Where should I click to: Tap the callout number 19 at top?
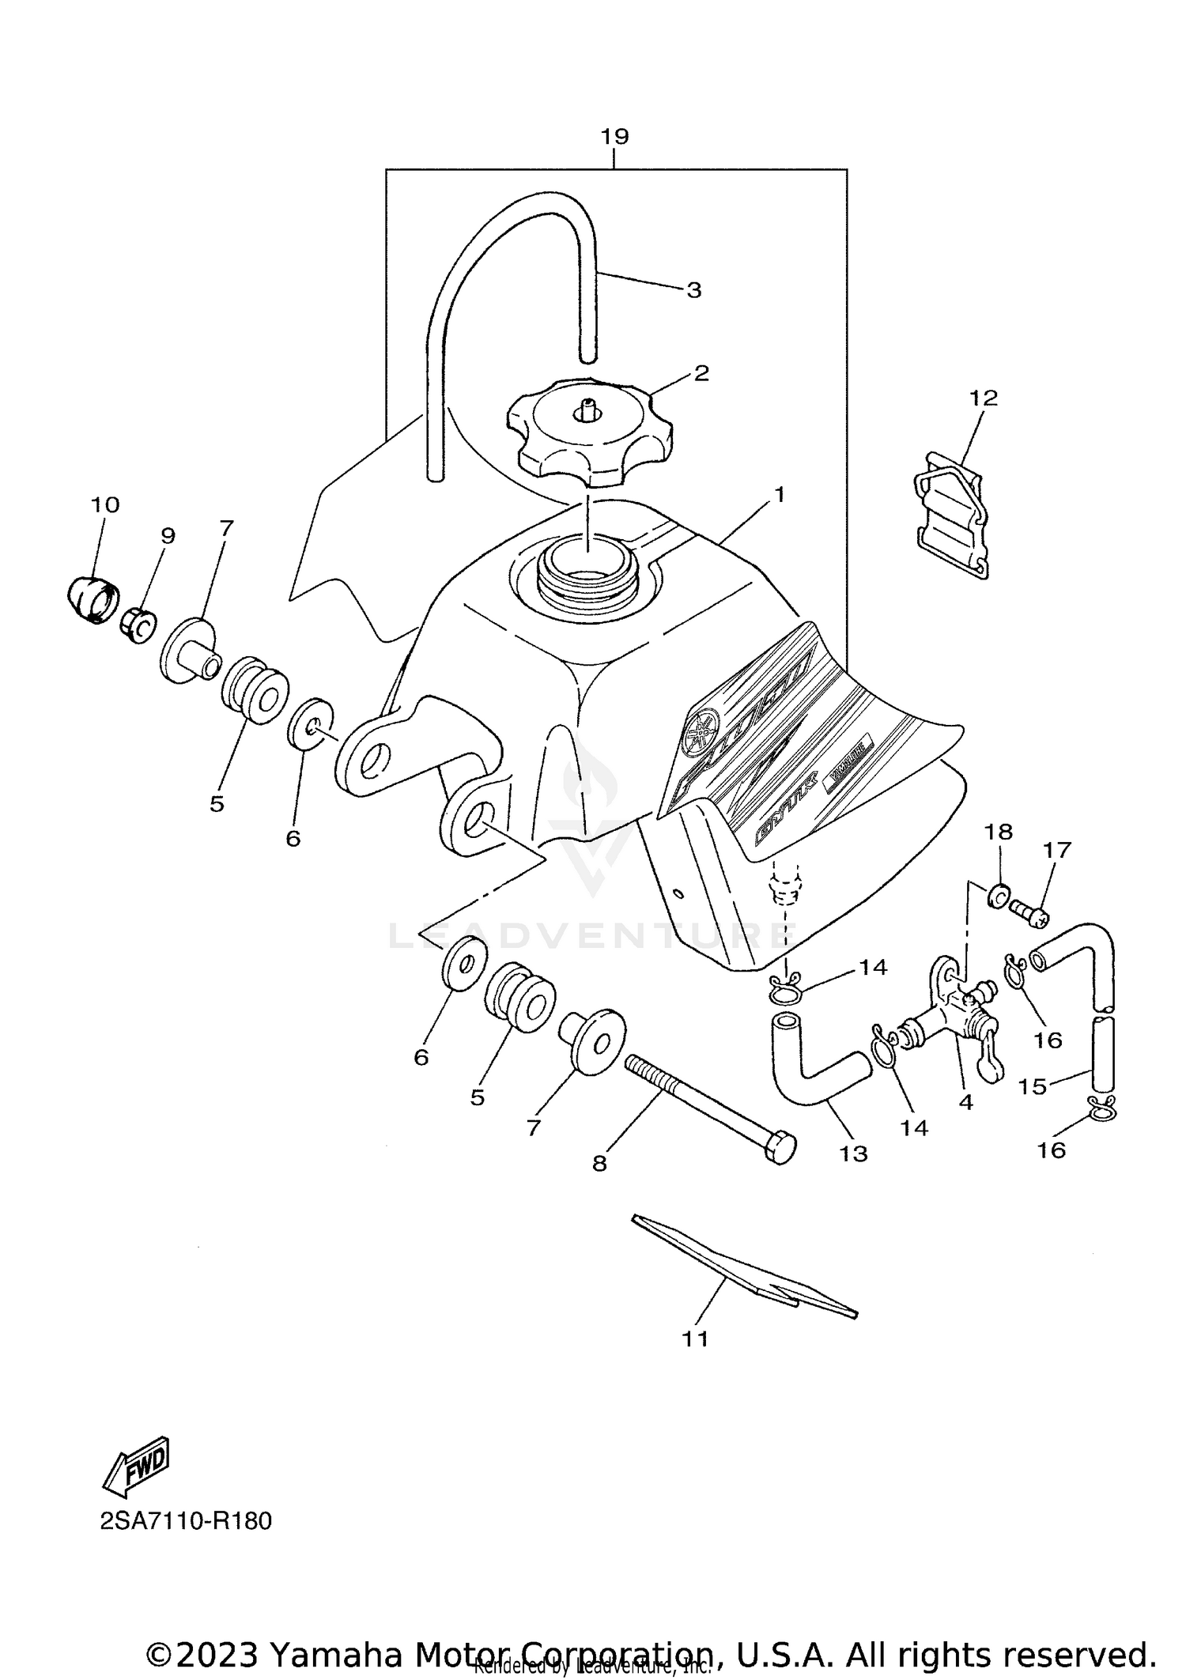(614, 137)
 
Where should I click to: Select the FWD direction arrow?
(137, 1465)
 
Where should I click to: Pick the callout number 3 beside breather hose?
(693, 290)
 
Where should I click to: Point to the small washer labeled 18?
(997, 894)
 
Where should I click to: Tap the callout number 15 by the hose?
(1032, 1086)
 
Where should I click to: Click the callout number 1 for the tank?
(779, 496)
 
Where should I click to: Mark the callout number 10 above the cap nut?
(104, 504)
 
